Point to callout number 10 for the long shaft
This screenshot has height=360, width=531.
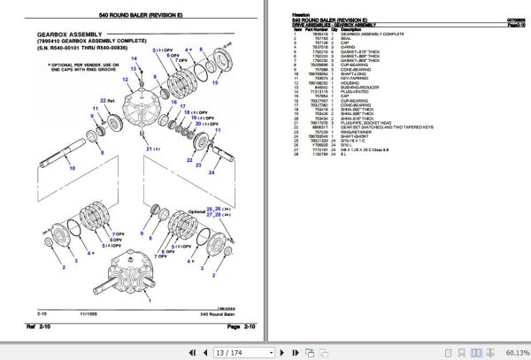(x=73, y=166)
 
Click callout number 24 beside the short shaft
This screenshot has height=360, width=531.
(x=212, y=173)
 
